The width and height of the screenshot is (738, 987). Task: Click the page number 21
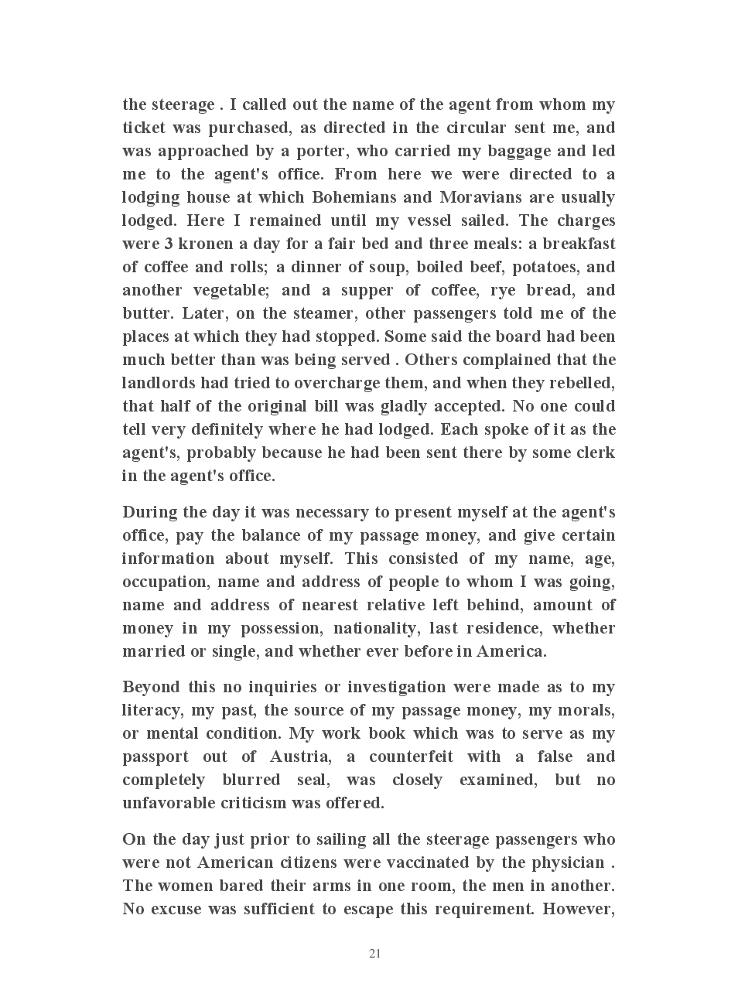[374, 954]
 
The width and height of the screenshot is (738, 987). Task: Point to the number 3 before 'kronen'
[168, 244]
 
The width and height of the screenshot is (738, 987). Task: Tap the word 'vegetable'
[229, 290]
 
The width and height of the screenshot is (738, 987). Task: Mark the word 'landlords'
[159, 383]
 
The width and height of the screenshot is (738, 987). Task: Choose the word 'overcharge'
[333, 383]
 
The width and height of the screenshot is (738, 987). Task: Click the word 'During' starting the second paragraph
[150, 512]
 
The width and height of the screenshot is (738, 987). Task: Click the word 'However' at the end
[579, 909]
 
